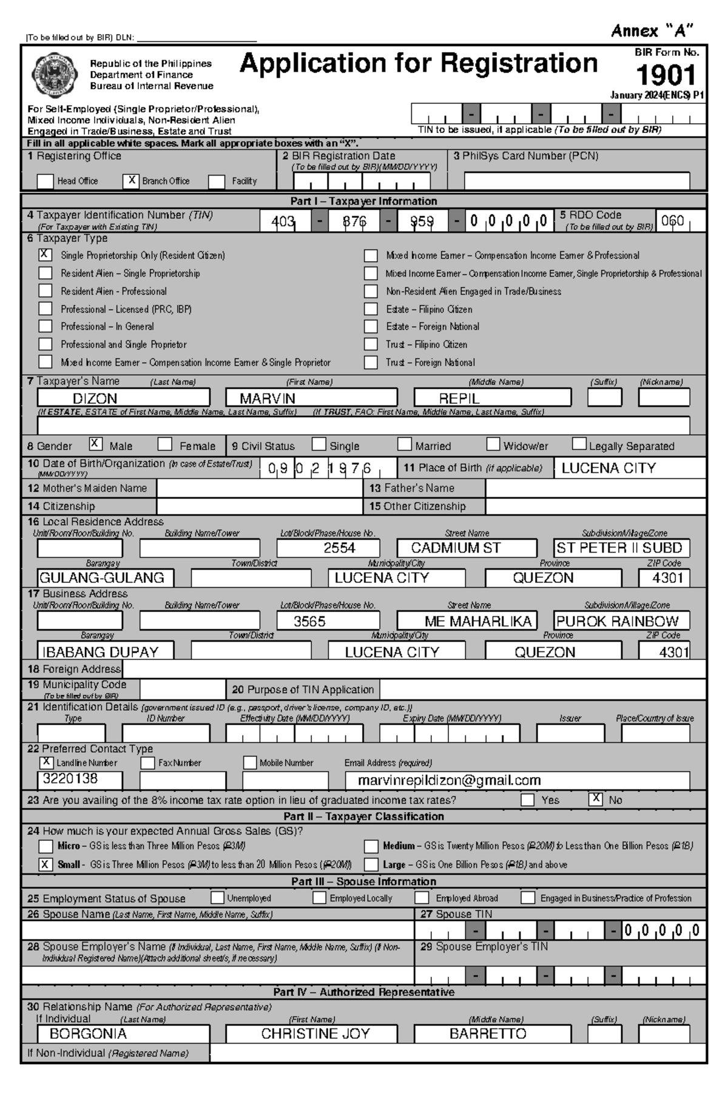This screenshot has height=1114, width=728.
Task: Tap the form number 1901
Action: (x=666, y=75)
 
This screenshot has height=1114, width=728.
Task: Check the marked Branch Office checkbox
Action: (x=131, y=180)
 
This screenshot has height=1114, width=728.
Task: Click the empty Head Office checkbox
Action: (x=45, y=181)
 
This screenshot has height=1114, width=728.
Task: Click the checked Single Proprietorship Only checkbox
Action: (x=45, y=255)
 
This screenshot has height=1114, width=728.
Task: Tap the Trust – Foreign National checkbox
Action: (x=371, y=362)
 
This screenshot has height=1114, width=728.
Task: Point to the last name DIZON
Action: (x=95, y=398)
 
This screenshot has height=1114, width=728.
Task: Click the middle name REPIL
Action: (x=459, y=398)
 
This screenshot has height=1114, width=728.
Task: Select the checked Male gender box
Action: (x=96, y=444)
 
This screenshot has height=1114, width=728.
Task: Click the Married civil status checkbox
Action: (x=405, y=444)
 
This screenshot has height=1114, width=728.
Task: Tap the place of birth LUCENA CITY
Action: (x=608, y=468)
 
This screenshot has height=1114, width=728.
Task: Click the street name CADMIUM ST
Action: (x=456, y=548)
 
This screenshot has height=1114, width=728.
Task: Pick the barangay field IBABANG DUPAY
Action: (x=101, y=651)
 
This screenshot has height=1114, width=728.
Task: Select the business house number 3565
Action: (x=309, y=621)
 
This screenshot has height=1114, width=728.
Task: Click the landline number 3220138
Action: (x=70, y=779)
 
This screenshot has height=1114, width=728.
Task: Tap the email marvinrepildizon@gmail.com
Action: (x=449, y=780)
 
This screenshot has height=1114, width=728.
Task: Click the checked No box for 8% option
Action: (x=596, y=799)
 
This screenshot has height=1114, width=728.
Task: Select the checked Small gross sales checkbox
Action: (x=45, y=864)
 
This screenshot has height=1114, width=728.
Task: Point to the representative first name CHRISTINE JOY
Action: (x=315, y=1034)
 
